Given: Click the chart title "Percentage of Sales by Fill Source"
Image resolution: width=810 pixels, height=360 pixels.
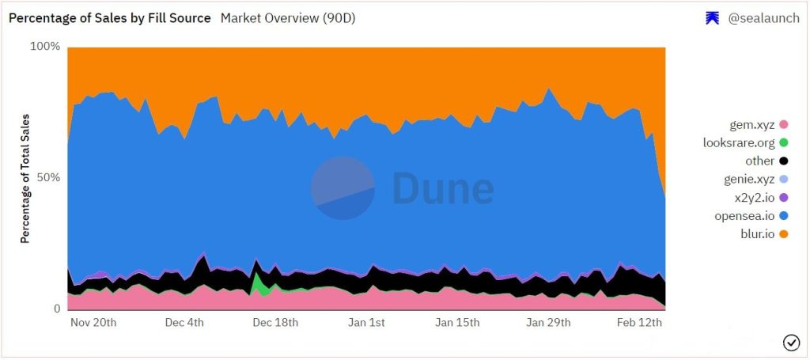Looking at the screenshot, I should click(110, 17).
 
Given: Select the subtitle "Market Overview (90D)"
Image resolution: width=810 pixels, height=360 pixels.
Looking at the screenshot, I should click(288, 17).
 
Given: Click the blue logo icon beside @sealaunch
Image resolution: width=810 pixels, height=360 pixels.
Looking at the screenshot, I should click(712, 18).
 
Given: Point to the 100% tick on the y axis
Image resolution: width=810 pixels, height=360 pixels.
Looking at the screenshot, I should click(45, 47).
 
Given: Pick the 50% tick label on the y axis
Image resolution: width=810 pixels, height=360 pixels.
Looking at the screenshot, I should click(47, 177).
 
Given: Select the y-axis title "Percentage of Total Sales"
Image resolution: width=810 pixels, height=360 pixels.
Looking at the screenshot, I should click(25, 178).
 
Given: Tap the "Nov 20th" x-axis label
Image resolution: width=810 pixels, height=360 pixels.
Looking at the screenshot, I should click(93, 323).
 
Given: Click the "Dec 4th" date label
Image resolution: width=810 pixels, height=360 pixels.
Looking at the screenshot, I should click(185, 323).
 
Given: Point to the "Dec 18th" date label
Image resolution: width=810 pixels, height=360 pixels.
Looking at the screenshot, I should click(274, 323).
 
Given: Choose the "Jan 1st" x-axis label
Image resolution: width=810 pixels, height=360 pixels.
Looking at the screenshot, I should click(366, 323).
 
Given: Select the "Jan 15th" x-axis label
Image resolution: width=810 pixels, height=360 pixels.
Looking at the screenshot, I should click(457, 323).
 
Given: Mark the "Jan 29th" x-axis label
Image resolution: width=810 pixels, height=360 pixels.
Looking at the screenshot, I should click(548, 323).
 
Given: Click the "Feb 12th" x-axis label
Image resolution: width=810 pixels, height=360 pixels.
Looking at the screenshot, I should click(639, 323).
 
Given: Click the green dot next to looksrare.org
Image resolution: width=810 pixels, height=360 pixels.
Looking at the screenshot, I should click(784, 143).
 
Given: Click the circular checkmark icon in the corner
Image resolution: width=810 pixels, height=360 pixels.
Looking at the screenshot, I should click(790, 342).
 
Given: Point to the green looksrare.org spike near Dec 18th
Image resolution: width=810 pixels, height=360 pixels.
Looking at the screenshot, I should click(258, 282).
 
